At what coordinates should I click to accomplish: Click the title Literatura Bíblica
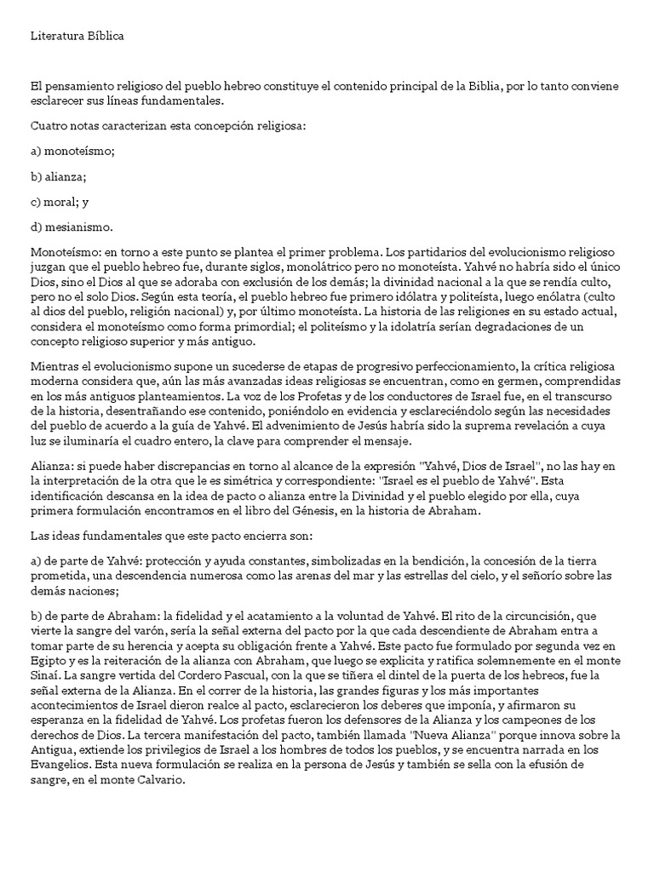pos(81,35)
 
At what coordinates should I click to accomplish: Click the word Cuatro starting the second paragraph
pos(48,127)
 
